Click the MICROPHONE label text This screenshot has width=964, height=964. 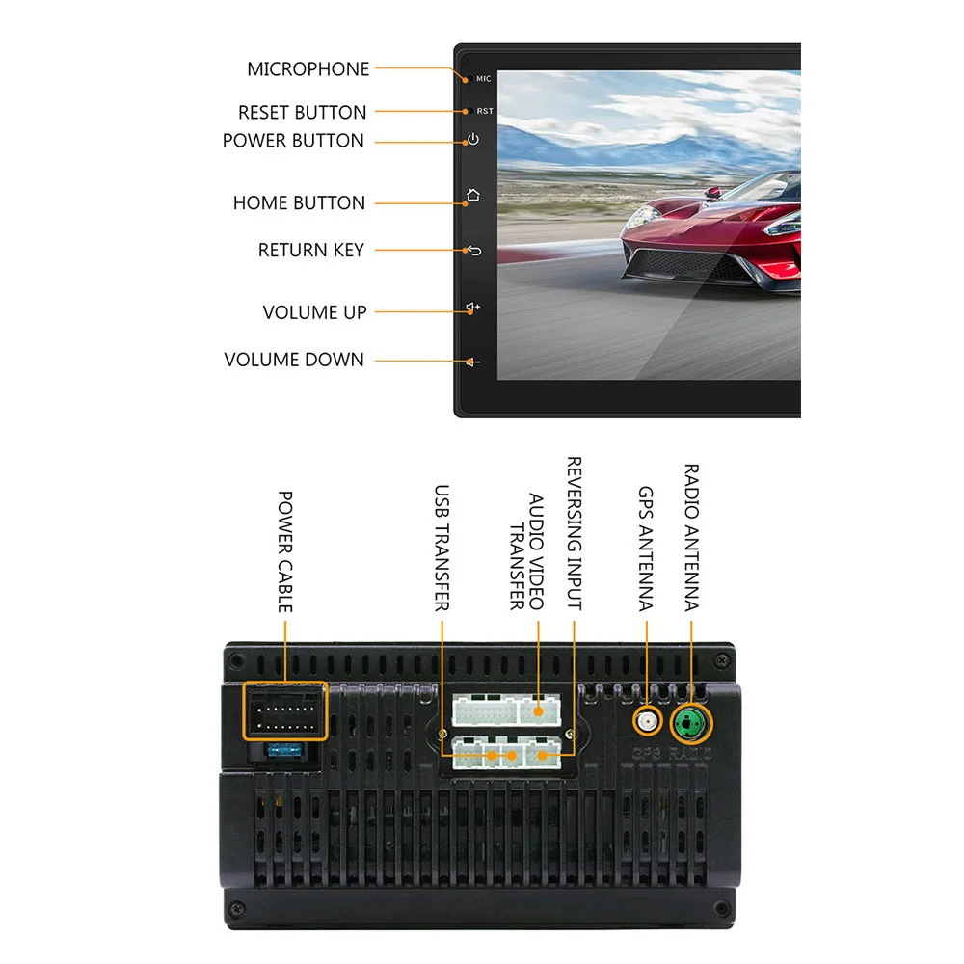(308, 69)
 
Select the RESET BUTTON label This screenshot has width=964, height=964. (302, 113)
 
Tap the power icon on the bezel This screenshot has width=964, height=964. (472, 140)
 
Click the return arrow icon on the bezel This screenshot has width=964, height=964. (473, 251)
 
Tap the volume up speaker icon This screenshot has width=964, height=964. (472, 308)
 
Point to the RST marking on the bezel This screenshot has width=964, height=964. (485, 112)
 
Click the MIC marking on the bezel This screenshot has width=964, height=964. (483, 79)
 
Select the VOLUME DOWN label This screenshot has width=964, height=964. (294, 361)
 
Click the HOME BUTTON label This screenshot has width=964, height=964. (299, 203)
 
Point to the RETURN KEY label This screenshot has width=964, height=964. (310, 251)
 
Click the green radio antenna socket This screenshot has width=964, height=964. (691, 721)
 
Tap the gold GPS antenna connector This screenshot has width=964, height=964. (647, 721)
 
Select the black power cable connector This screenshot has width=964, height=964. (285, 711)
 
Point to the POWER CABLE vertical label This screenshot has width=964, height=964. (285, 551)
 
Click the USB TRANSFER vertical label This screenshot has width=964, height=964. (442, 548)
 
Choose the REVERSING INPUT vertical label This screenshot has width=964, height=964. (574, 533)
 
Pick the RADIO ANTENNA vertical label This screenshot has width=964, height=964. (691, 538)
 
